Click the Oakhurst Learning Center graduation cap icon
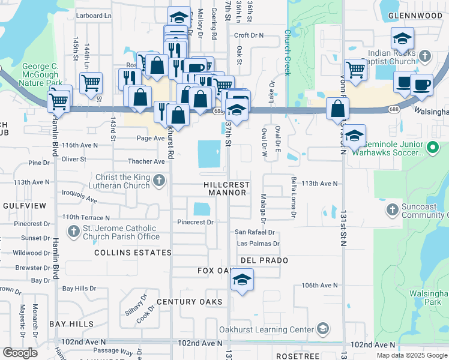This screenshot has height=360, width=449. pos(323,329)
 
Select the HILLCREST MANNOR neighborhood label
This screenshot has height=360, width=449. pos(228,188)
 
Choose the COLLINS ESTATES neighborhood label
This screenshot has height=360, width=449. pos(124,253)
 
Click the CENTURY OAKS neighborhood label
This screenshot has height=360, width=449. pos(190,302)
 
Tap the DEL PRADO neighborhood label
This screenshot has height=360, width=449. pos(264,261)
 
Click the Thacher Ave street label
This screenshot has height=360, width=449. pos(146,162)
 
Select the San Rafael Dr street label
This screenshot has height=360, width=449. pos(254,232)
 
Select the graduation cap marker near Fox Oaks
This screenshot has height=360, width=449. pos(242,280)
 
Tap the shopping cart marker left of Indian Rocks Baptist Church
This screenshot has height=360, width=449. pos(355,70)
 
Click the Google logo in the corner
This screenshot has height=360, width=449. pos(20,353)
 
